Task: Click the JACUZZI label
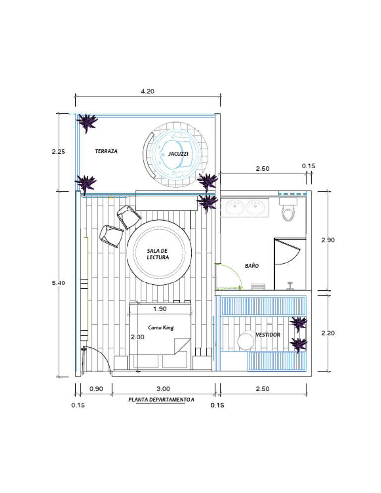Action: click(178, 154)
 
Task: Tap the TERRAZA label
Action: click(106, 151)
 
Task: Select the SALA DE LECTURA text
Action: click(158, 254)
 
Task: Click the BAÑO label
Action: click(252, 266)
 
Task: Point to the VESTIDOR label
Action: click(268, 335)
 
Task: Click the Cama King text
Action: click(161, 328)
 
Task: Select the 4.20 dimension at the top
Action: click(148, 91)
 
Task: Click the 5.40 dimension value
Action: click(59, 282)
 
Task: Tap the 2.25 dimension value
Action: click(59, 152)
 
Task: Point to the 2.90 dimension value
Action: click(328, 240)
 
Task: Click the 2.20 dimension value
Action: click(328, 333)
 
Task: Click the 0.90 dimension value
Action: click(96, 389)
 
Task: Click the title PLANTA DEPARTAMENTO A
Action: click(161, 399)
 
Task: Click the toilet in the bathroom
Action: click(288, 210)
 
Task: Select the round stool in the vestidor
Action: click(245, 340)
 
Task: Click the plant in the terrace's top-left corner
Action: click(88, 122)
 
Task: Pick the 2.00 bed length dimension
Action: click(137, 337)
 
